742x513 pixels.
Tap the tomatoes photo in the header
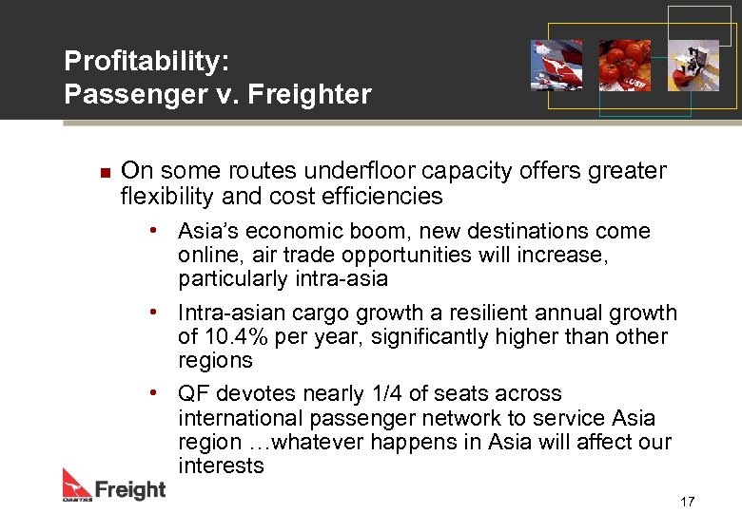pos(625,65)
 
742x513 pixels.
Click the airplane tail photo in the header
pos(556,65)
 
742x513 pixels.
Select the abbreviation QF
pos(193,393)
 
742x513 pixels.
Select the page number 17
pos(688,501)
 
